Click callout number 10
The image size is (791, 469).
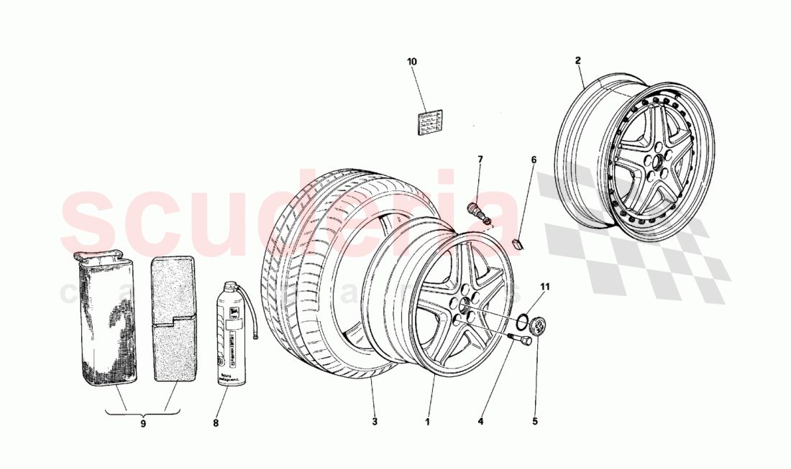tap(411, 62)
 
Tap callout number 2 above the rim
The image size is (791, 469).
tap(577, 61)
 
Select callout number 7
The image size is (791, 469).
tap(480, 159)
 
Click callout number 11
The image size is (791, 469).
tap(544, 287)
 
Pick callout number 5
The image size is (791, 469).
tap(535, 422)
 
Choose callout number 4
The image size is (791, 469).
tap(481, 422)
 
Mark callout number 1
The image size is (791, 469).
tap(426, 422)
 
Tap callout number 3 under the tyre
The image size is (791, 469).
tap(374, 422)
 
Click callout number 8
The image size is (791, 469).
tap(215, 423)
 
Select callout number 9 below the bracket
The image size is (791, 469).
tap(142, 424)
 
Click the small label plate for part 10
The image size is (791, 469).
tap(431, 123)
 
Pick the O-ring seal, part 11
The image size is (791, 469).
tap(526, 320)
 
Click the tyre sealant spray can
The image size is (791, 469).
tap(230, 335)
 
